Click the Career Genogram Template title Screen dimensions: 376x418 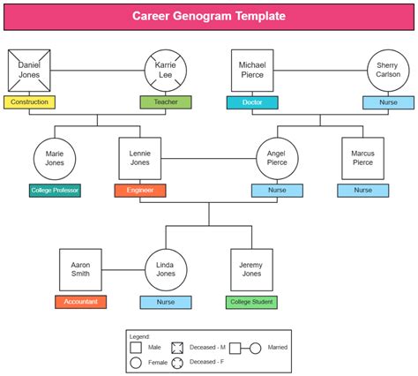pyautogui.click(x=209, y=16)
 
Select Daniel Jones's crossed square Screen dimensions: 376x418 pyautogui.click(x=30, y=71)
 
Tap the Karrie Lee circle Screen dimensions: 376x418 pyautogui.click(x=166, y=71)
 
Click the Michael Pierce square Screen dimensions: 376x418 pyautogui.click(x=252, y=71)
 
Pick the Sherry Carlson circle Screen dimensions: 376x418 pyautogui.click(x=388, y=71)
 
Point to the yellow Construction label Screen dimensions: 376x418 pyautogui.click(x=30, y=102)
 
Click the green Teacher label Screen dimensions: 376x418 pyautogui.click(x=166, y=102)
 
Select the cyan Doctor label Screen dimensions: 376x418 pyautogui.click(x=252, y=102)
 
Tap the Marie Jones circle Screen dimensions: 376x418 pyautogui.click(x=55, y=159)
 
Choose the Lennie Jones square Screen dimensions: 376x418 pyautogui.click(x=140, y=159)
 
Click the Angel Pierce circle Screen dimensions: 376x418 pyautogui.click(x=277, y=159)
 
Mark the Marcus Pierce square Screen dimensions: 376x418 pyautogui.click(x=362, y=159)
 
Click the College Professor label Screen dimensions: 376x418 pyautogui.click(x=55, y=191)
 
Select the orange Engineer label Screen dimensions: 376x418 pyautogui.click(x=140, y=191)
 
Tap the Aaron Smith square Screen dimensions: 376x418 pyautogui.click(x=80, y=270)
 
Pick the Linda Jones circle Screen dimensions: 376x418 pyautogui.click(x=166, y=270)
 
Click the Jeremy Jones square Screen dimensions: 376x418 pyautogui.click(x=251, y=270)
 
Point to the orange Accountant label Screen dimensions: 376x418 pyautogui.click(x=80, y=302)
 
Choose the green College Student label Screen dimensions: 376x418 pyautogui.click(x=251, y=302)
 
